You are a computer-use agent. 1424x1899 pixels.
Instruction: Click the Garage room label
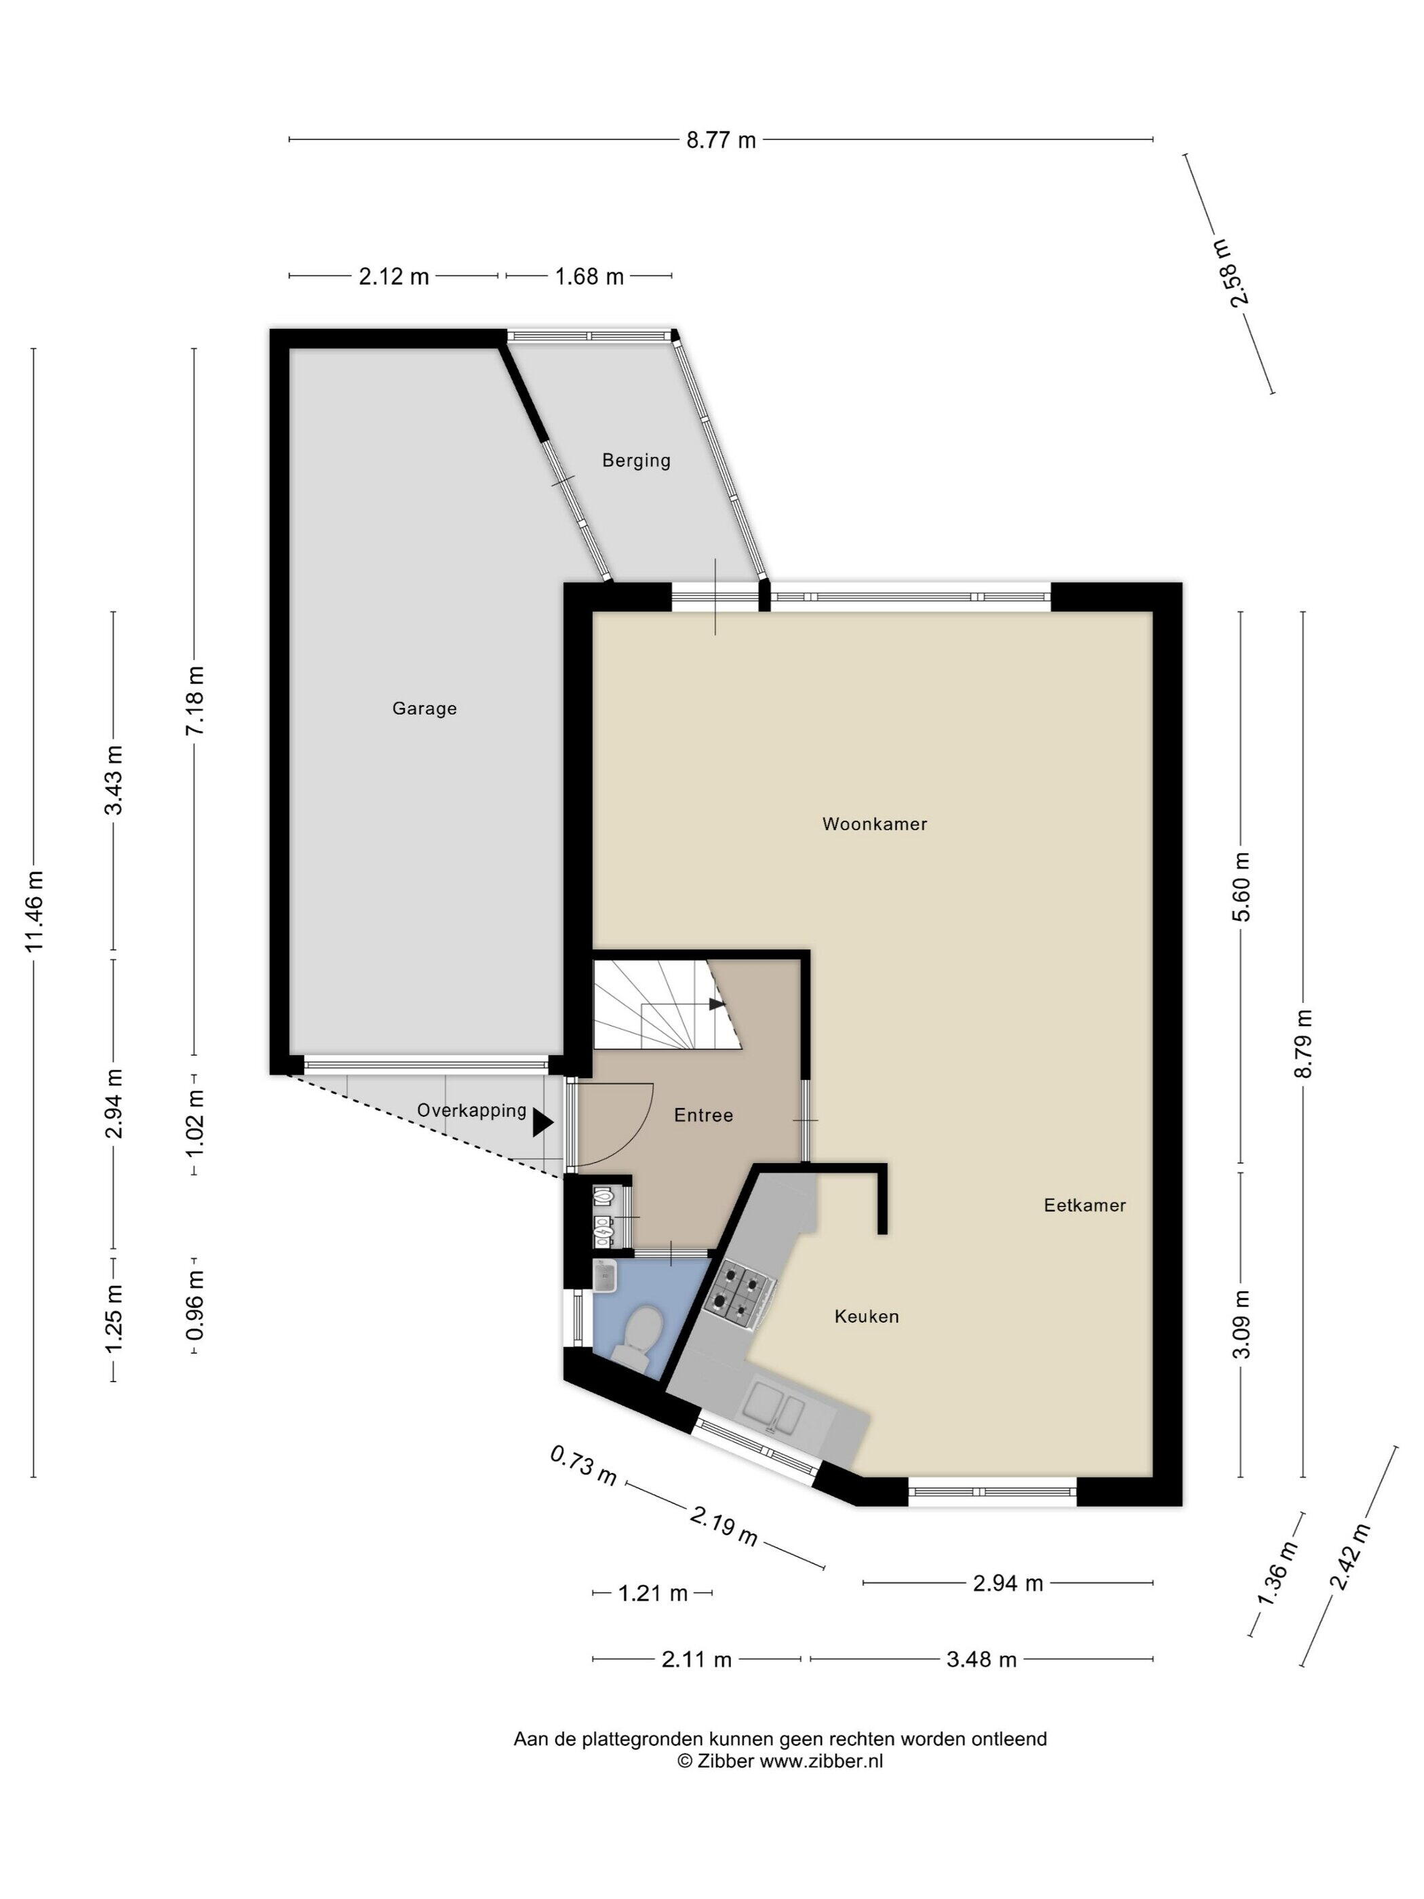click(x=424, y=709)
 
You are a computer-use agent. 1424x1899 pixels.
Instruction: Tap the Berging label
click(x=636, y=461)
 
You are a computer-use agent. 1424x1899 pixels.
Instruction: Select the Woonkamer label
click(x=875, y=824)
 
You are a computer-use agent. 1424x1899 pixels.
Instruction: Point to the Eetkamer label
click(x=1085, y=1205)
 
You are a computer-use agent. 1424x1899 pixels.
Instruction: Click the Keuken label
click(x=867, y=1317)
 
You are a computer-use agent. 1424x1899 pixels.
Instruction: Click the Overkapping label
click(x=472, y=1111)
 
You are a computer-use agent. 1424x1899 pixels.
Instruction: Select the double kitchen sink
click(x=774, y=1408)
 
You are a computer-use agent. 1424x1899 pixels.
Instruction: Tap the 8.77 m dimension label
click(x=721, y=140)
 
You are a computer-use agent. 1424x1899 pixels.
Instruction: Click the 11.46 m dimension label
click(x=35, y=911)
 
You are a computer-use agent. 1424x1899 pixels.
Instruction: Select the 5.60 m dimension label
click(x=1241, y=887)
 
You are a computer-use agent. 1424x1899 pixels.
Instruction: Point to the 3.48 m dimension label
click(x=981, y=1660)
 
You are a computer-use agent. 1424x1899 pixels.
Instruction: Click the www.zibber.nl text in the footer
click(x=821, y=1761)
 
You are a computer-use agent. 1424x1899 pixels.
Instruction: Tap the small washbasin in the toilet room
click(x=607, y=1276)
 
